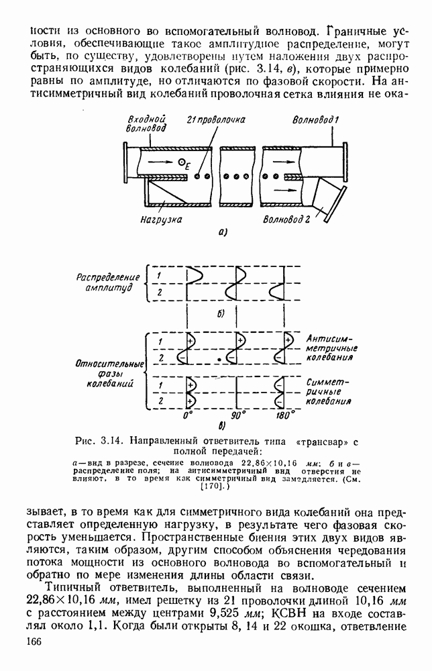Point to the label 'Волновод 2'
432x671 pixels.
pos(286,219)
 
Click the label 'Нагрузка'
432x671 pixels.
pos(162,219)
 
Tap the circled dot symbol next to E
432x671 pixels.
pos(182,160)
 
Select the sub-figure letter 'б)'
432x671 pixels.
pos(222,313)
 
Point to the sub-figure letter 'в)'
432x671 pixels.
pos(222,425)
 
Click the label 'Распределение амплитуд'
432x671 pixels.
pos(107,282)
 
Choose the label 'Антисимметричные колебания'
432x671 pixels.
pos(331,348)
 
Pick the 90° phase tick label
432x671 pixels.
pos(237,415)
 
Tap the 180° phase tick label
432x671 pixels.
pos(284,415)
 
